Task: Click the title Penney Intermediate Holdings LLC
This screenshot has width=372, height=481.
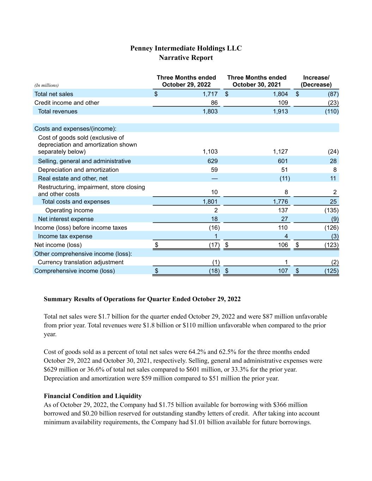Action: (186, 48)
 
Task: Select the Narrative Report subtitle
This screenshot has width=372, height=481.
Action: (186, 58)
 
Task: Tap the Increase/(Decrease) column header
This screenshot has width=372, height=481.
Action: (316, 81)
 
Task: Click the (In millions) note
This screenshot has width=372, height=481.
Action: (47, 85)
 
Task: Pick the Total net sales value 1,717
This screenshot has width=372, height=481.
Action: (210, 94)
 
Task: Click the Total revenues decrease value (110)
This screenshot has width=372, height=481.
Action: (332, 111)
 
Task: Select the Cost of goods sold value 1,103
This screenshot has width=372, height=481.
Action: (210, 152)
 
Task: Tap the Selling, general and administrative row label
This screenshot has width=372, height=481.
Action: (84, 161)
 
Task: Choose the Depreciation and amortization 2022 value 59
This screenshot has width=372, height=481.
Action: (214, 170)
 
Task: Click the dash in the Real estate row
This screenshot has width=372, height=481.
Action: (214, 178)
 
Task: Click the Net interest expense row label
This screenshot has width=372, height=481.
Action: (66, 219)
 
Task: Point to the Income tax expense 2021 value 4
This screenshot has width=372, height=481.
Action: (286, 236)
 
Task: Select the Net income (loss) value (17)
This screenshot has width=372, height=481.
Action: (214, 245)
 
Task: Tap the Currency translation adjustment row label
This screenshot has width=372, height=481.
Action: (80, 262)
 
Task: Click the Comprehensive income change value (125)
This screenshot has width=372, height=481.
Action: (331, 271)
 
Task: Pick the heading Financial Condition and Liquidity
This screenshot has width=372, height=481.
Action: (93, 396)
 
